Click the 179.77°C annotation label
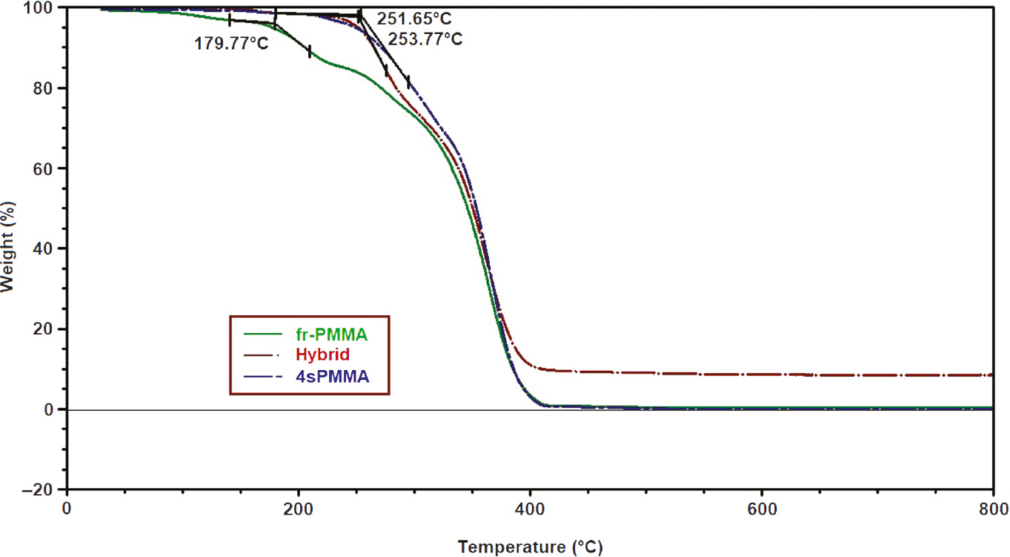(231, 43)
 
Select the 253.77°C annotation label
(425, 39)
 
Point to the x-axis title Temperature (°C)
(530, 547)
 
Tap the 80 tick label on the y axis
(49, 88)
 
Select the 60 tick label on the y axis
(49, 168)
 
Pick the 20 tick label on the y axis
(49, 329)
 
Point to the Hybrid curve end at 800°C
(990, 375)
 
